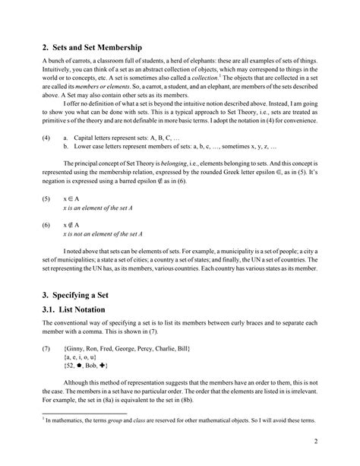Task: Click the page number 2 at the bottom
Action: [x=314, y=442]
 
